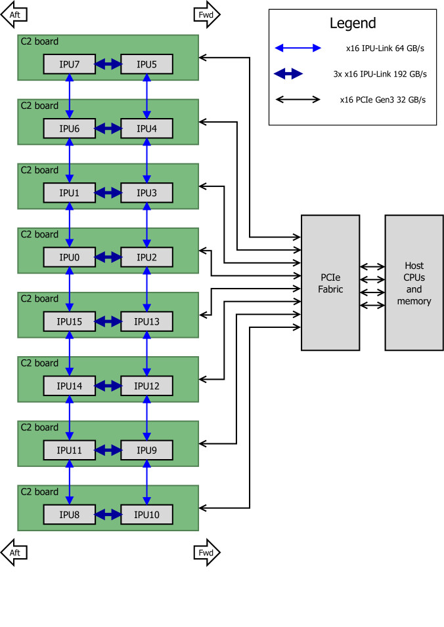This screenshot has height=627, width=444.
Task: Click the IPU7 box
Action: pos(69,64)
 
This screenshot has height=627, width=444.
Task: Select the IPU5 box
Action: pos(146,64)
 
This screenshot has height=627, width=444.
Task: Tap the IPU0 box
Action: pos(69,257)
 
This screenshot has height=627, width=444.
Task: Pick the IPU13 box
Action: pos(146,321)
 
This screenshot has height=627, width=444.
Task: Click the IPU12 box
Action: pos(146,386)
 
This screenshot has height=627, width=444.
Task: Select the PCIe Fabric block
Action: pos(330,283)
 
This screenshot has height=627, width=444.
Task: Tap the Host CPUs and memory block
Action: pos(414,283)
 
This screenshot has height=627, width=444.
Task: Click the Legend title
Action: pos(352,24)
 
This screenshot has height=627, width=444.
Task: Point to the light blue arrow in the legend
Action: pos(298,48)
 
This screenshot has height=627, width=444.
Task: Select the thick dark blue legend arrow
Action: pos(289,74)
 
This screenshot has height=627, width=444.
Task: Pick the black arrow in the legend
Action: pos(298,100)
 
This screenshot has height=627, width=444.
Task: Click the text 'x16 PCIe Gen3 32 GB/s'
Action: pos(383,100)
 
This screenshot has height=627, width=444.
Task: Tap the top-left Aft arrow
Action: pos(14,15)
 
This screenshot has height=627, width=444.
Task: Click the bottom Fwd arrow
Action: pos(207,552)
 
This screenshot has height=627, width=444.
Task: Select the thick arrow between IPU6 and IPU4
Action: pos(108,129)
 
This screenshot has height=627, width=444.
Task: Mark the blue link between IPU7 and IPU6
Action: pos(69,96)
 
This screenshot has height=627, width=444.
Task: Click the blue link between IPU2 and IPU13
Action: pos(146,289)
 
